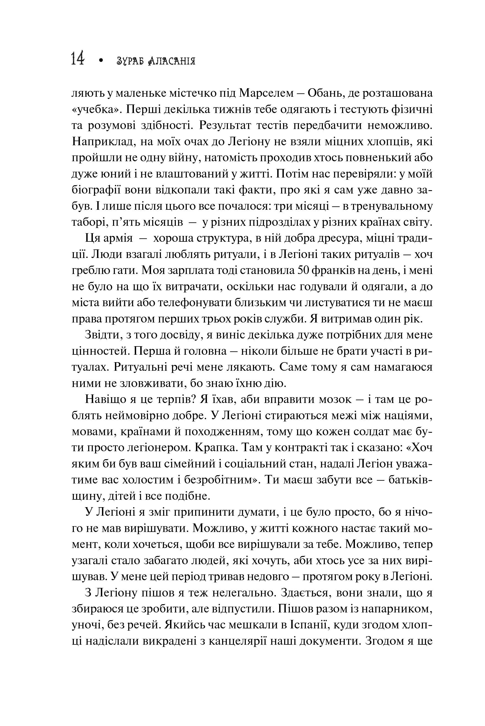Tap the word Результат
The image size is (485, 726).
[x=228, y=126]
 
